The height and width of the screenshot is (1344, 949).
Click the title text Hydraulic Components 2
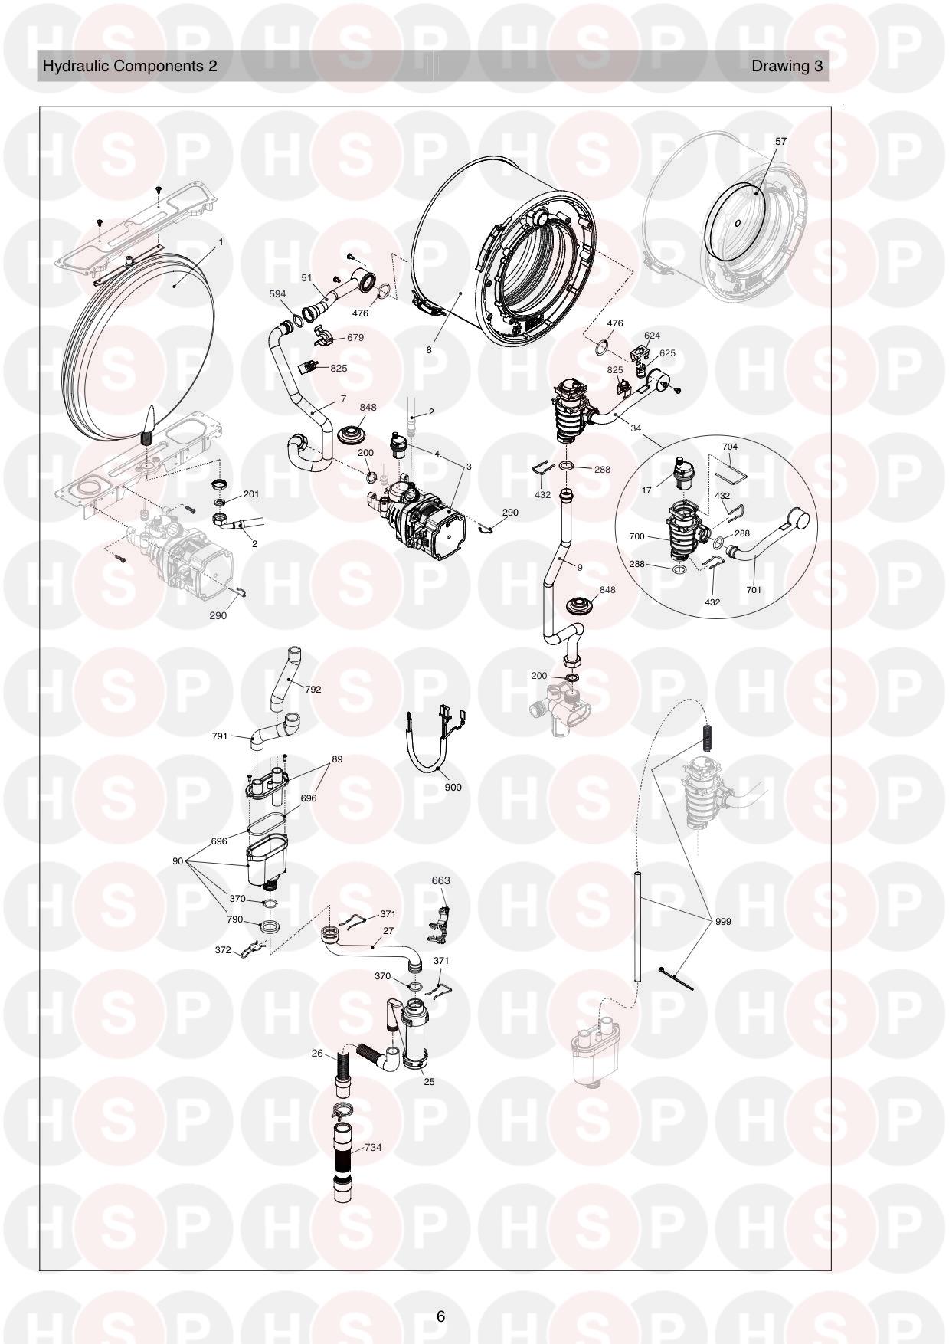129,66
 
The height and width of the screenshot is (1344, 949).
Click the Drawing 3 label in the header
787,66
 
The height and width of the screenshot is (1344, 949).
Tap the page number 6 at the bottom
440,1317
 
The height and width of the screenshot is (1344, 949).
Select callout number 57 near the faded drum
780,142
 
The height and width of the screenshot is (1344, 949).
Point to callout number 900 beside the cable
453,787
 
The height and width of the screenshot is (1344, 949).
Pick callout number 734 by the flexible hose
373,1147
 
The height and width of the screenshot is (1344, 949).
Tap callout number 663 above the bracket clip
440,880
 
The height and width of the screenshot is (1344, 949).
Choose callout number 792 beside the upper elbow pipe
313,689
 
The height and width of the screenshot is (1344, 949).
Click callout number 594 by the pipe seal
277,294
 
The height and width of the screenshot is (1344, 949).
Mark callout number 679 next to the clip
355,337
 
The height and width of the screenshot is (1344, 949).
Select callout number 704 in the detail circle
730,447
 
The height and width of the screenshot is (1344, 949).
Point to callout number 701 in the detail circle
754,590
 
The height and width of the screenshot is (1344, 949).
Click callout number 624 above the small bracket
652,336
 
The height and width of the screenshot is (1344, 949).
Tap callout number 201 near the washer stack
250,494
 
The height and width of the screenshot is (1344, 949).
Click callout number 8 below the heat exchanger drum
429,349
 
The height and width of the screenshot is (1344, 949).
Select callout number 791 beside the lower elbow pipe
220,736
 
